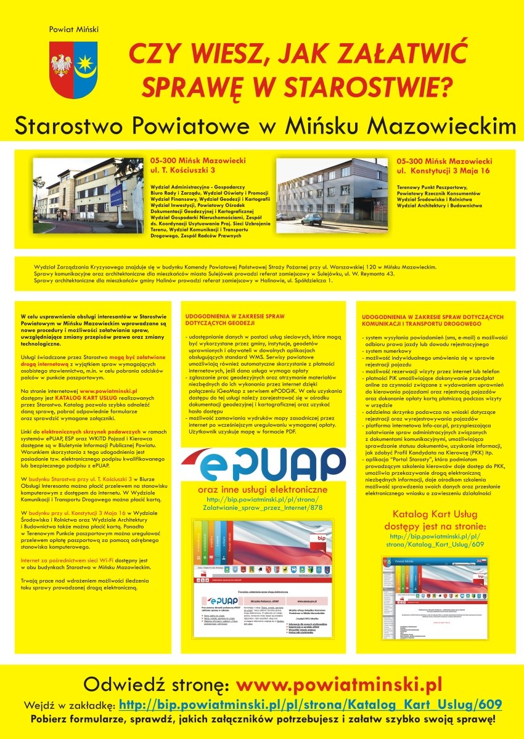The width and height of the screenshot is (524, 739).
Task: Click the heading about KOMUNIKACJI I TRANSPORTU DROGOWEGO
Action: pos(433,320)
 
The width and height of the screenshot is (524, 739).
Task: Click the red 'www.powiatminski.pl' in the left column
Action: pos(108,390)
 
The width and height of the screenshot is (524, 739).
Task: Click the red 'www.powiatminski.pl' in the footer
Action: pos(339,685)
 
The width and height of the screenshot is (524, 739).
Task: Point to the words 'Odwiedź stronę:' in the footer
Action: pos(157,685)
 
